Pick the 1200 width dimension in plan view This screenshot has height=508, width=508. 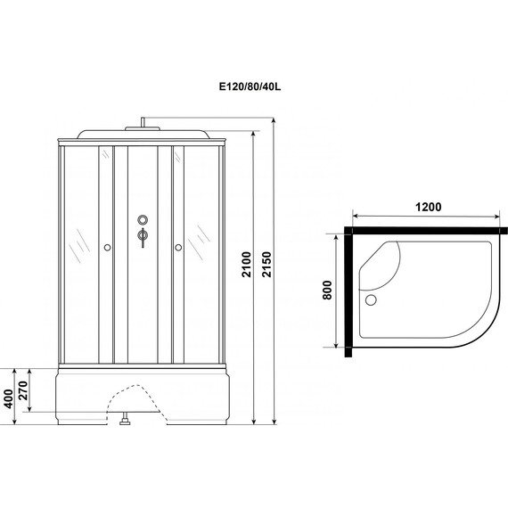point(427,207)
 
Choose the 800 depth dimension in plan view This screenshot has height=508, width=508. point(328,292)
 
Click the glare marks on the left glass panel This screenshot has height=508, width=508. point(80,239)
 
